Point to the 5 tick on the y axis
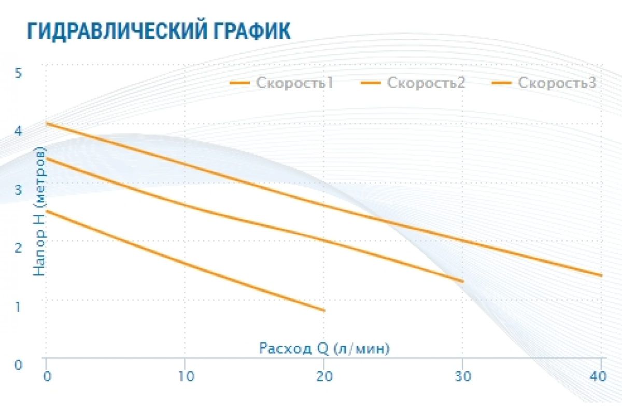[x=18, y=73]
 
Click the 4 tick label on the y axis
[x=18, y=131]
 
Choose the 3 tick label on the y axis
[x=18, y=189]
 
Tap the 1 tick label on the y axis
[x=18, y=306]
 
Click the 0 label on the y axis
[x=18, y=365]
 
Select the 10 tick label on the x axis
[x=185, y=377]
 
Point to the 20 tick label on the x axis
[x=324, y=377]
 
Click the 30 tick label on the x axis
[x=463, y=377]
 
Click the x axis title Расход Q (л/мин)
[x=324, y=348]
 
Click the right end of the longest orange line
[x=601, y=275]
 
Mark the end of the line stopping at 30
[x=462, y=281]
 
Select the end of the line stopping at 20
[x=324, y=310]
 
